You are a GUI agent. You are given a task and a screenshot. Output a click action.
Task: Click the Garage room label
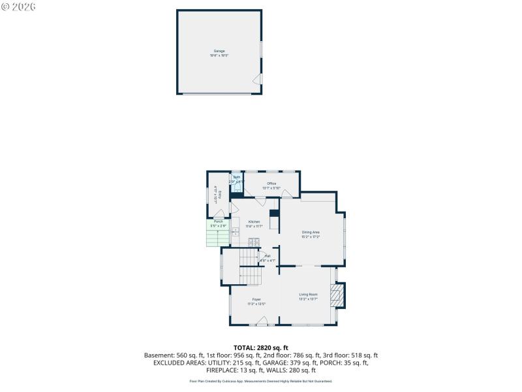(x=219, y=51)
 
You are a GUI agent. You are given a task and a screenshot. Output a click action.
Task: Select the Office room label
(x=270, y=184)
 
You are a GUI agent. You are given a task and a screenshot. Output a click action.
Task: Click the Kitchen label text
(x=254, y=222)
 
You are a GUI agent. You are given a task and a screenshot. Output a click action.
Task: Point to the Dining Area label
(x=311, y=233)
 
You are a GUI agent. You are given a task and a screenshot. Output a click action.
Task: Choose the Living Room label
(x=308, y=295)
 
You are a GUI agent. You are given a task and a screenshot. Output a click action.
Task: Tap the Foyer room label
(x=256, y=299)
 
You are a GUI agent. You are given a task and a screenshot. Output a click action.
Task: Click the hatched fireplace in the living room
(x=336, y=295)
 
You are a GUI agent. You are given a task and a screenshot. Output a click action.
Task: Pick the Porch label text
(x=219, y=221)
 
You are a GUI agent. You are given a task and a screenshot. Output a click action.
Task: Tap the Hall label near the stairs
(x=268, y=256)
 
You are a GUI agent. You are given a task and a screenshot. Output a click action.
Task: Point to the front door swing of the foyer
(x=261, y=321)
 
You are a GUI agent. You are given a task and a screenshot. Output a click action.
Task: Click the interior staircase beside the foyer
(x=249, y=269)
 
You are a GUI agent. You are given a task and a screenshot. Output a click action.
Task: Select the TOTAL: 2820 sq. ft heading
(x=261, y=348)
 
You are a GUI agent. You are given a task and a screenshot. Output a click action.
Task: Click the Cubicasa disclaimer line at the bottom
(x=261, y=381)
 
